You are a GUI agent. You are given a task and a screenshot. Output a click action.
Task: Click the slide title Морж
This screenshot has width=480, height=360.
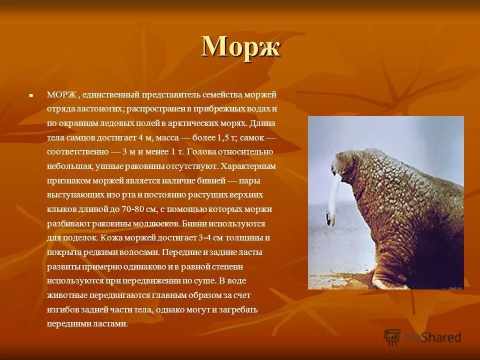click(241, 47)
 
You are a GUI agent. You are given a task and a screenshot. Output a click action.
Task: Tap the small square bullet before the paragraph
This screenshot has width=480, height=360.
click(31, 94)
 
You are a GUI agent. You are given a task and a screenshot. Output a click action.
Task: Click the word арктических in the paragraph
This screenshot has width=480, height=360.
click(192, 123)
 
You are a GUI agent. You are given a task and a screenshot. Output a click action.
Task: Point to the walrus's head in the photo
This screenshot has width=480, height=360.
click(346, 165)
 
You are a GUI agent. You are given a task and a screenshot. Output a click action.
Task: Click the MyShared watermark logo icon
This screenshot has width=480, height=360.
click(392, 336)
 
